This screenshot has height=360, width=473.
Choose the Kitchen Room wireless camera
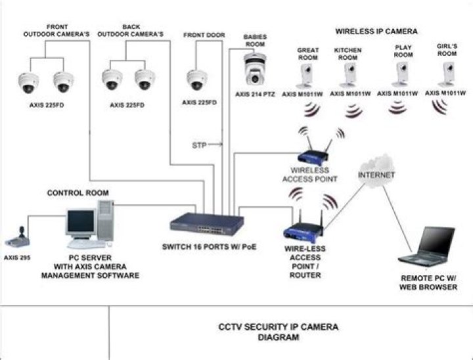pos(348,77)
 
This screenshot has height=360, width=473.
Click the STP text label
pos(199,144)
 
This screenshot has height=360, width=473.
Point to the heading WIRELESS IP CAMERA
pos(376,31)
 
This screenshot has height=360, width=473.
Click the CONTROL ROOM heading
pos(78,193)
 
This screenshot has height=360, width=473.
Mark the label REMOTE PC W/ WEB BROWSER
pos(428,282)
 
